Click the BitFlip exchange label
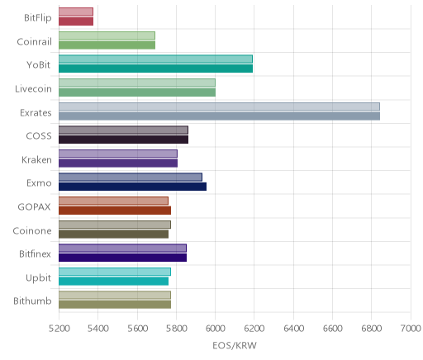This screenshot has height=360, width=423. pos(38,17)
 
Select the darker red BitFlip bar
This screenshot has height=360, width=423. pos(76,21)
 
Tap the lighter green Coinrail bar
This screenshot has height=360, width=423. pos(107,36)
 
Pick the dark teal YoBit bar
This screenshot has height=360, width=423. pos(155,69)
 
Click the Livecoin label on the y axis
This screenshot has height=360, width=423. pos(33,88)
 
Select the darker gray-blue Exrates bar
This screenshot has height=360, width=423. pos(219,116)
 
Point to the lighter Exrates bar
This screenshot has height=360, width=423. pos(219,107)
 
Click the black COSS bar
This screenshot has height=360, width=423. pos(123,140)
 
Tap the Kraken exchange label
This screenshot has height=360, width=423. pos(36,159)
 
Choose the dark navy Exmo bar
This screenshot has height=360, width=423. pos(132,187)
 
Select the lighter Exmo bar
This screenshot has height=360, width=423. pos(131,178)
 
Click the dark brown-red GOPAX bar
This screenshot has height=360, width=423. pos(115,211)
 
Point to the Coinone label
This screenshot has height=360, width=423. pos(32,230)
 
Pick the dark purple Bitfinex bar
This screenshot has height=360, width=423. pos(122,258)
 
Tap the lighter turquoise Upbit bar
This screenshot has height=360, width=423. pos(115,272)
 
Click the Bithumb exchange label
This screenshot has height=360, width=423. pos(32,301)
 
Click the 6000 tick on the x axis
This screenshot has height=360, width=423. pos(216,329)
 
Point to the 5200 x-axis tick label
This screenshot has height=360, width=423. pos(59,329)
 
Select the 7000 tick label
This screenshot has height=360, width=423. pos(411,329)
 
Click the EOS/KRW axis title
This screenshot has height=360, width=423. pos(235,345)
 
